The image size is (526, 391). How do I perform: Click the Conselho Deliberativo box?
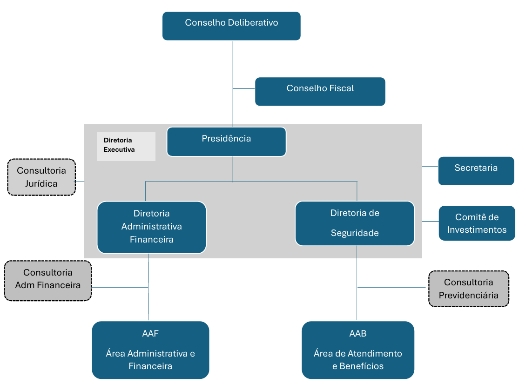(231, 26)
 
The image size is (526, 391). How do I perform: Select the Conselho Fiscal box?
(320, 91)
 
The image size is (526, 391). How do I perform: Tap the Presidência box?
(226, 141)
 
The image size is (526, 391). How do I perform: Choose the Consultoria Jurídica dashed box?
(41, 177)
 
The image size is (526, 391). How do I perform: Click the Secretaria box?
(476, 171)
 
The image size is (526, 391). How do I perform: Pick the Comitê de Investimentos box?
(477, 223)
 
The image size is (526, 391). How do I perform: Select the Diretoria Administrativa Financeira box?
(151, 227)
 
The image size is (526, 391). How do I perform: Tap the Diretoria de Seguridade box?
(354, 223)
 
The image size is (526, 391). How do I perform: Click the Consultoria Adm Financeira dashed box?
(47, 280)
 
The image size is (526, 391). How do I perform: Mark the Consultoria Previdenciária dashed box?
(468, 289)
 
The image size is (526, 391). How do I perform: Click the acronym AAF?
(150, 334)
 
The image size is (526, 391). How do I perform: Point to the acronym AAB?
(357, 334)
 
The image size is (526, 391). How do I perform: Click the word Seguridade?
(355, 233)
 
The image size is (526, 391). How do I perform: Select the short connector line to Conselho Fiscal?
(244, 88)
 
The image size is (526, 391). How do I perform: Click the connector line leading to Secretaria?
(430, 166)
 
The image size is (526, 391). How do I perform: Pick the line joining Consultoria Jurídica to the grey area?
(80, 181)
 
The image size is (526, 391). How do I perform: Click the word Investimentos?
(477, 229)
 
